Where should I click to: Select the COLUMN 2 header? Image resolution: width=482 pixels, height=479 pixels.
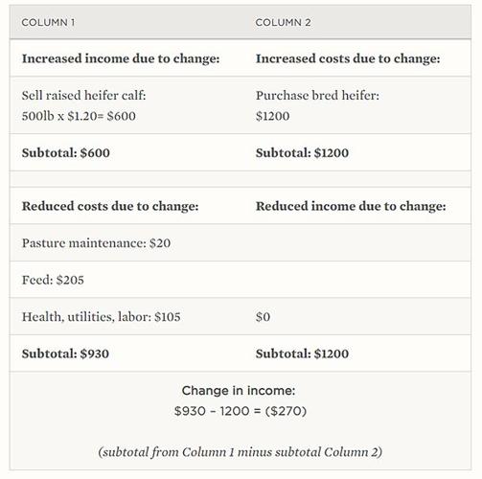pos(283,22)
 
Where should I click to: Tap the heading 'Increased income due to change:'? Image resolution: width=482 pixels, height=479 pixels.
pos(121,58)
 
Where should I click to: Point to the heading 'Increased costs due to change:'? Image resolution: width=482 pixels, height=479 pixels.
pos(348,58)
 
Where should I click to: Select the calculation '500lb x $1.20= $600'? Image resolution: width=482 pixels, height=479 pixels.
pos(80,116)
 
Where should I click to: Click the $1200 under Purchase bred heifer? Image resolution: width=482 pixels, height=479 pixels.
pos(272,116)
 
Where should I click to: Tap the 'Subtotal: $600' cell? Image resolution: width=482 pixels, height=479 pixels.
pos(65,153)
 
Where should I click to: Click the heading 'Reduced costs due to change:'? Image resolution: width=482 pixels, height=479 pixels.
pos(110,206)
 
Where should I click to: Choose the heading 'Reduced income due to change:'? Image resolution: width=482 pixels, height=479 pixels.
pos(351,206)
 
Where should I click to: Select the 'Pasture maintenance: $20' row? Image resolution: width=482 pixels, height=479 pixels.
pos(96,243)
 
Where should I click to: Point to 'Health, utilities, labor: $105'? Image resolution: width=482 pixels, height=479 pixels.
pos(101,317)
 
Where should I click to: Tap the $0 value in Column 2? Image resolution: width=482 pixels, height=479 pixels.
pos(264,317)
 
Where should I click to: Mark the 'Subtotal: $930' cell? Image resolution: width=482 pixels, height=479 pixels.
pos(65,354)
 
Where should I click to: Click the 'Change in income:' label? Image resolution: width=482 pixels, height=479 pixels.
pos(241,391)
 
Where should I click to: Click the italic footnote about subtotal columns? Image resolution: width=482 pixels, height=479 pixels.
pos(241,451)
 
